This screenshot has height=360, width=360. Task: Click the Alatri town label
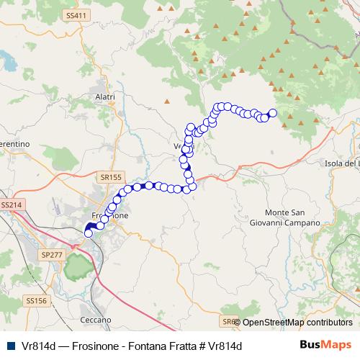105,96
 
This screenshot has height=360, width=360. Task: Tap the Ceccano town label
96,319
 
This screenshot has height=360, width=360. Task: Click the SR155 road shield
111,175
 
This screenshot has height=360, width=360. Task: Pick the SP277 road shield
52,254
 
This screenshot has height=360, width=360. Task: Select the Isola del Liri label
342,164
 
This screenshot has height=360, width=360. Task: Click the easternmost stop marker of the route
273,112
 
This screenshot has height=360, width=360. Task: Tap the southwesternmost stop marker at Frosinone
89,233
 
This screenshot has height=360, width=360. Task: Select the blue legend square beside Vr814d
10,346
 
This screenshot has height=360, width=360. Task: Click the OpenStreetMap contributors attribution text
297,322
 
